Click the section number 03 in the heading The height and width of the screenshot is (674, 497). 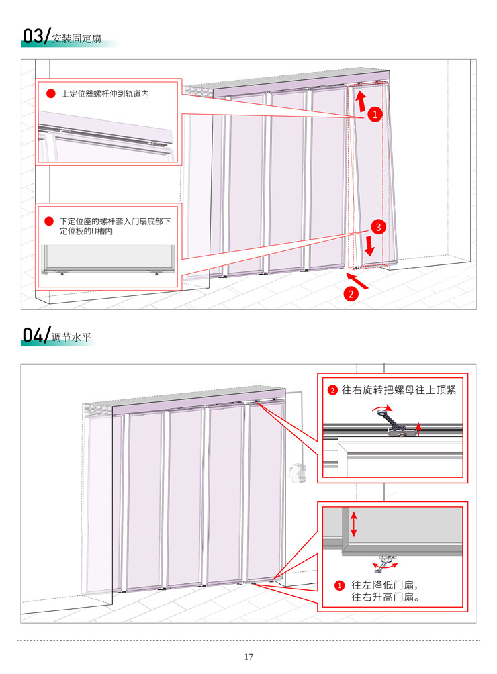(x=33, y=36)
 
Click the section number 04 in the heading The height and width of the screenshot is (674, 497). (x=33, y=335)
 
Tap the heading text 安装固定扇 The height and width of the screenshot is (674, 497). (x=77, y=39)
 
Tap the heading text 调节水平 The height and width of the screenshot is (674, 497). (x=71, y=338)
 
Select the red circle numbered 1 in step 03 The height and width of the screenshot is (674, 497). (x=375, y=114)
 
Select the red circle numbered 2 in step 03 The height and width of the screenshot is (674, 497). (x=351, y=294)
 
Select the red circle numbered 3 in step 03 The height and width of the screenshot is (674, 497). (x=378, y=227)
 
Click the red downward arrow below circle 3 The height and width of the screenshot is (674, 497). (x=369, y=245)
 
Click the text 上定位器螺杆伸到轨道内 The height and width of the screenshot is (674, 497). (x=105, y=94)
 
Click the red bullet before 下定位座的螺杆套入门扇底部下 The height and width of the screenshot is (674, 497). (x=49, y=222)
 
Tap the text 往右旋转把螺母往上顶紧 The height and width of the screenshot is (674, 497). (x=398, y=390)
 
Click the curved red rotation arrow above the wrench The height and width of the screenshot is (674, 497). (x=383, y=407)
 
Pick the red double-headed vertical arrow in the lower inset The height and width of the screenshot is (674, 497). (x=353, y=524)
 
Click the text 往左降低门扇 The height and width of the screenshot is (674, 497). (x=385, y=585)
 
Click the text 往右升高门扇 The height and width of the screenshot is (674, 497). (x=386, y=597)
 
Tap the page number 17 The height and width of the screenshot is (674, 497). (x=248, y=657)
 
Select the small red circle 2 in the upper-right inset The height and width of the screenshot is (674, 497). (x=332, y=390)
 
